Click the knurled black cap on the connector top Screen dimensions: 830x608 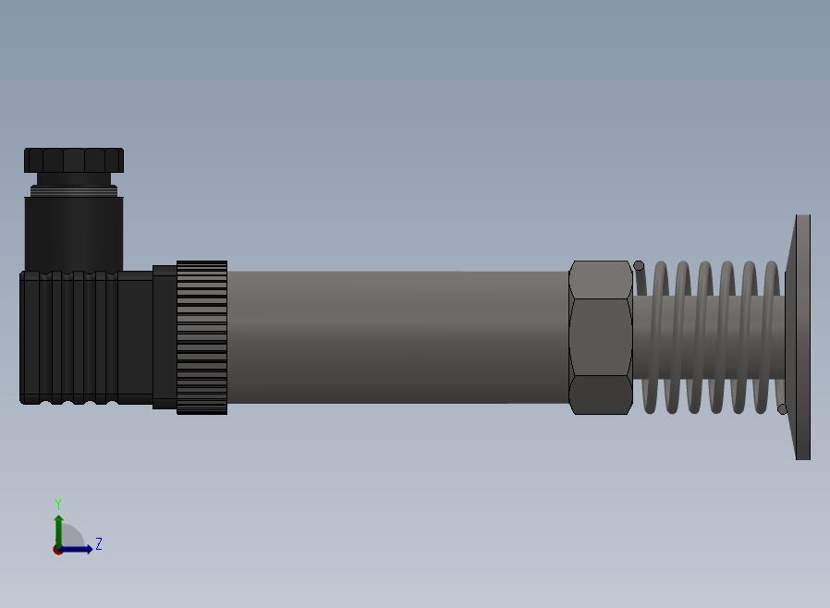tap(74, 160)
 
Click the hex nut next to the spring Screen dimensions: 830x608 tap(601, 337)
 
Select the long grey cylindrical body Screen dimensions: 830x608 tap(398, 337)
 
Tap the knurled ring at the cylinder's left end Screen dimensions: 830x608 tap(201, 337)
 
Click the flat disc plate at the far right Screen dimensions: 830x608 tap(803, 337)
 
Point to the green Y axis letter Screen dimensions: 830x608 tap(58, 504)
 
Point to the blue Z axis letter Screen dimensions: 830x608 tap(99, 544)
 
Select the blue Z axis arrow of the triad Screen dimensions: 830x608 tap(75, 550)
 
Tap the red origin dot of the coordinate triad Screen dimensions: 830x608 tap(57, 551)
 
